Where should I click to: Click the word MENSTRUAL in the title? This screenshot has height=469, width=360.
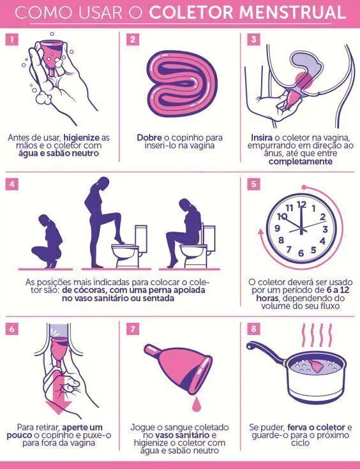click(x=292, y=12)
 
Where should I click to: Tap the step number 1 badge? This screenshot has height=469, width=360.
click(x=11, y=39)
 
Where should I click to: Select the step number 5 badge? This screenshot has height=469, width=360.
click(x=253, y=184)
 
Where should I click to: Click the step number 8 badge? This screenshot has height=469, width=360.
click(x=253, y=329)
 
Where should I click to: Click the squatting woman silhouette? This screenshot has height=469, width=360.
click(x=48, y=241)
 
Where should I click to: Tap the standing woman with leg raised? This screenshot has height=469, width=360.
click(x=104, y=222)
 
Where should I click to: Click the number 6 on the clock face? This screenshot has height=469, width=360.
click(x=301, y=253)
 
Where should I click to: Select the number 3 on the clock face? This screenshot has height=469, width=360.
click(x=325, y=230)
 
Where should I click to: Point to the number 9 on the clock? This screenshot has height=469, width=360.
click(x=277, y=228)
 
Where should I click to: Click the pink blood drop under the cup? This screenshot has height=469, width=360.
click(x=196, y=404)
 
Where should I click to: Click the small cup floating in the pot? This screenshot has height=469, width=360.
click(x=316, y=366)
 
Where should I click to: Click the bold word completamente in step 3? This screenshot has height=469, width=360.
click(x=301, y=162)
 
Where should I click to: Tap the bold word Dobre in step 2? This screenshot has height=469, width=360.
click(x=149, y=138)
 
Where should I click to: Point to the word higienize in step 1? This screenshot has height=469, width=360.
click(x=82, y=138)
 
